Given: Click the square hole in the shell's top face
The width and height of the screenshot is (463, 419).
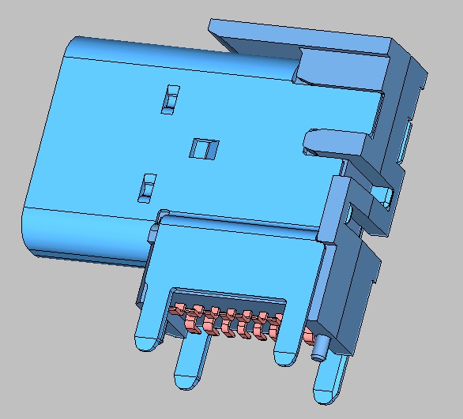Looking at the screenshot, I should [x=204, y=148].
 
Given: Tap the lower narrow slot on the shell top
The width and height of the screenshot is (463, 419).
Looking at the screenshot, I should [x=145, y=187].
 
